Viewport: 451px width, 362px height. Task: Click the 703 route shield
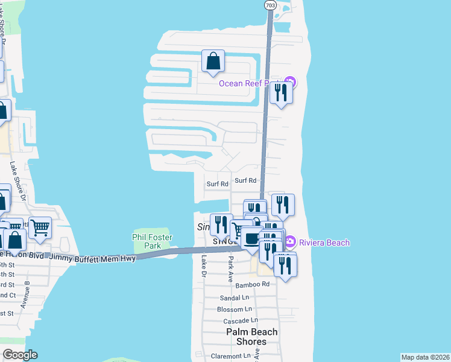click(x=269, y=5)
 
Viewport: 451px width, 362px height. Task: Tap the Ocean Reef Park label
click(x=250, y=83)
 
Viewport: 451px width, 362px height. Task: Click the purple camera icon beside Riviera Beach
click(x=289, y=243)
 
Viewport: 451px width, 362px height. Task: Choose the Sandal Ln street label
click(x=235, y=297)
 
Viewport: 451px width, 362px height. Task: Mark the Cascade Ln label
click(x=241, y=320)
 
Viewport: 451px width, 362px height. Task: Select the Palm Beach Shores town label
click(x=252, y=337)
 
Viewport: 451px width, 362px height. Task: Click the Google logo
click(x=20, y=355)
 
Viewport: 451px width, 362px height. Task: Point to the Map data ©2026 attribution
click(x=424, y=357)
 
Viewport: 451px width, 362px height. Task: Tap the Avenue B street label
click(x=26, y=295)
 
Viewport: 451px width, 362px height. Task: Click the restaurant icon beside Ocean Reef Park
click(x=280, y=93)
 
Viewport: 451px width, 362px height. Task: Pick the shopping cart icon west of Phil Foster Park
click(x=40, y=227)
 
